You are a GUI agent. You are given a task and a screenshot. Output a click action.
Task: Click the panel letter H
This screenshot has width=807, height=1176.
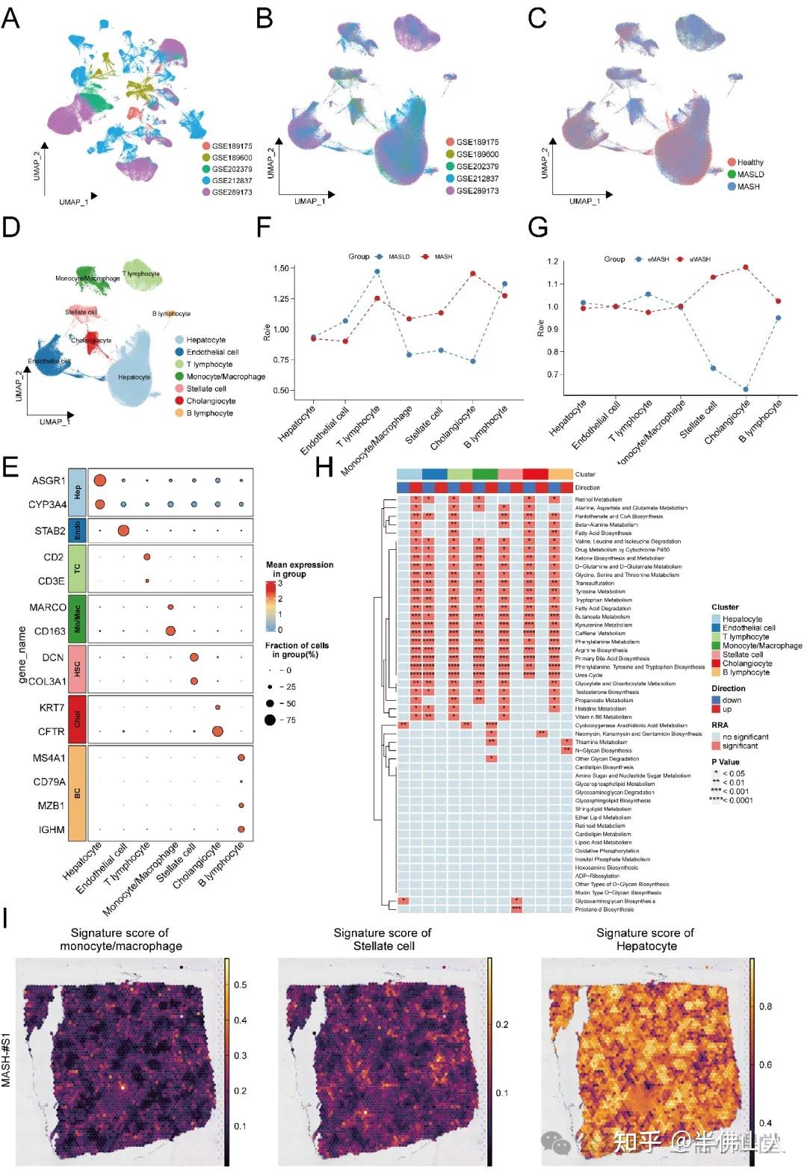point(324,468)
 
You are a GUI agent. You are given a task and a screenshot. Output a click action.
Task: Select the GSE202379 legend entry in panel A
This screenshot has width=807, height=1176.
point(232,169)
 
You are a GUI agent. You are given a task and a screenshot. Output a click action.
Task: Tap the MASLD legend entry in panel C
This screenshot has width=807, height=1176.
point(749,174)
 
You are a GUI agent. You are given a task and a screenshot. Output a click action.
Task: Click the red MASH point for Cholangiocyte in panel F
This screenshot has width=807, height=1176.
point(473,273)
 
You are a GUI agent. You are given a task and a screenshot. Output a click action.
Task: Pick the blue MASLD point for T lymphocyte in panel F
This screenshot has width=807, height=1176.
point(377,271)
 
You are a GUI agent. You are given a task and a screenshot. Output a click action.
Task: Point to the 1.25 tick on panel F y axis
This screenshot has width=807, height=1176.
point(281,299)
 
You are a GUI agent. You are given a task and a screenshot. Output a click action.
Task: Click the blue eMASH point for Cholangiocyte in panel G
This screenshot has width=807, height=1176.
point(746,389)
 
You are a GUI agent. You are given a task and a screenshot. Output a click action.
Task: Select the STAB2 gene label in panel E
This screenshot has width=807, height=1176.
point(50,531)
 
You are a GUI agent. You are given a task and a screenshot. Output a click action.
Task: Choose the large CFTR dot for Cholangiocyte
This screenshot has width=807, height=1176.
point(217,731)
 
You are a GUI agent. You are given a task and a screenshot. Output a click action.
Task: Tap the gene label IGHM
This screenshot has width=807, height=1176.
point(52,829)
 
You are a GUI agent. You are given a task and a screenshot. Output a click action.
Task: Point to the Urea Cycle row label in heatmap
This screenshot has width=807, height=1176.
point(589,675)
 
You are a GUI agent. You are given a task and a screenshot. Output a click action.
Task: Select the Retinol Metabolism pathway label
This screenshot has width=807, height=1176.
point(599,499)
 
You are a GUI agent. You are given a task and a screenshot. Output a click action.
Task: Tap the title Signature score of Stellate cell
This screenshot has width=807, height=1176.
point(383,939)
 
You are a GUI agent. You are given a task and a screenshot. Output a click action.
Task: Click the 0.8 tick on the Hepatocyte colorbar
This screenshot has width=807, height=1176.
point(765,1006)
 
